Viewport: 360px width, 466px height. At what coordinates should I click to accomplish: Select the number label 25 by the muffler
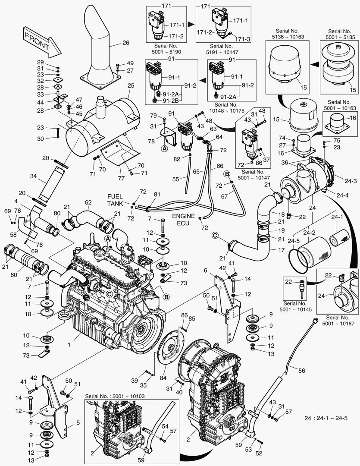click(x=130, y=86)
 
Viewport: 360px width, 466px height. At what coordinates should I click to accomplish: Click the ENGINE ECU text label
click(x=184, y=219)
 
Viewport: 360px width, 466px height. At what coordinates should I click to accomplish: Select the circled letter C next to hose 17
click(x=215, y=235)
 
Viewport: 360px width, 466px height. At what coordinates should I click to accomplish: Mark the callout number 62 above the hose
click(x=88, y=202)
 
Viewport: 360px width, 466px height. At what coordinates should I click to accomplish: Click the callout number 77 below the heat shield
click(x=121, y=178)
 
